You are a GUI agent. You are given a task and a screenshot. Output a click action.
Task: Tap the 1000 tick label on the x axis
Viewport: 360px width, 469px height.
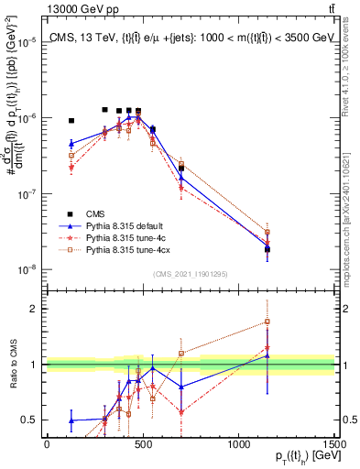[239, 444]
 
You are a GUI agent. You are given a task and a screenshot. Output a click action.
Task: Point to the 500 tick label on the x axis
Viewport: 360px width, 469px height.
[142, 444]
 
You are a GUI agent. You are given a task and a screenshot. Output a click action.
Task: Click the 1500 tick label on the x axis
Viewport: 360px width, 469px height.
[334, 444]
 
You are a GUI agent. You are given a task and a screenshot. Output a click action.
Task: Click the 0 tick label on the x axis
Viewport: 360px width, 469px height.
[47, 444]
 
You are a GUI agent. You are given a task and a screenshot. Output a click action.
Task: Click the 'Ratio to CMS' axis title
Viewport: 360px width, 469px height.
[12, 365]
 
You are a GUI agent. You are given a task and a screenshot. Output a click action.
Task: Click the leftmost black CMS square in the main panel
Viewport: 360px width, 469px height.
[71, 120]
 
